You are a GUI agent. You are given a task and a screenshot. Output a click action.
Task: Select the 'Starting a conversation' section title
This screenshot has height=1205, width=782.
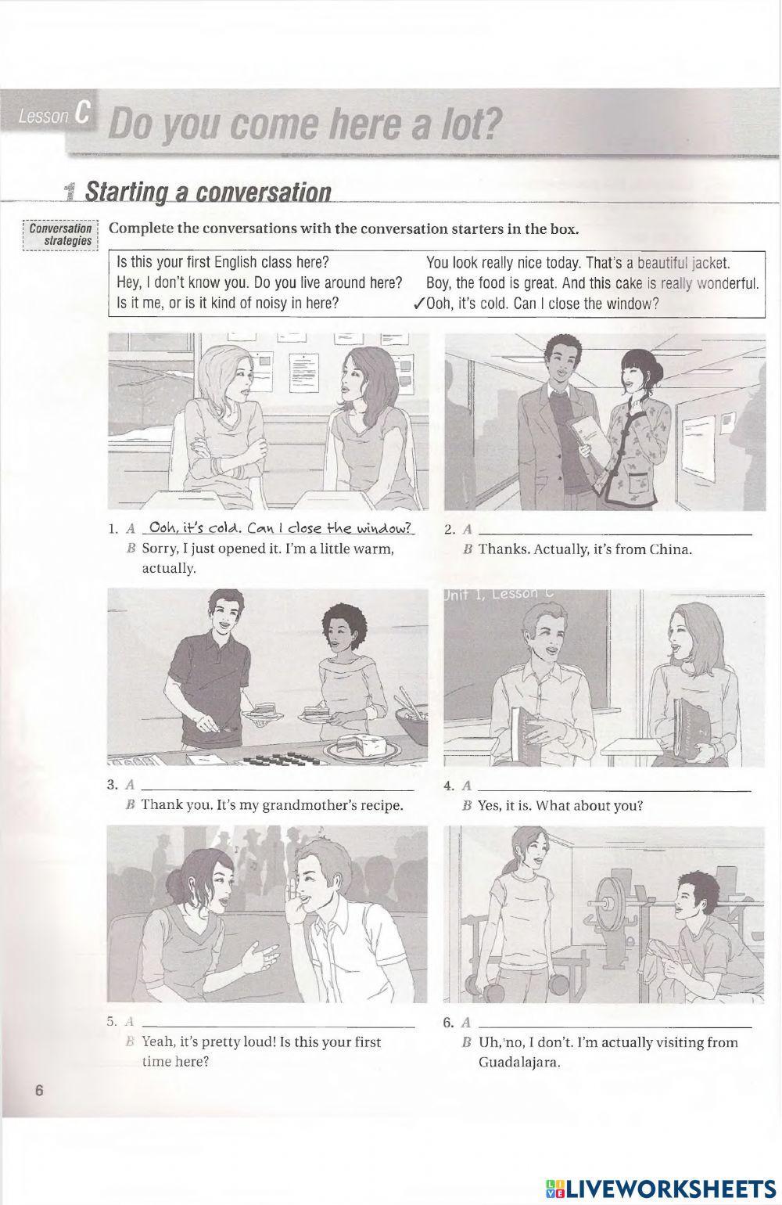(x=207, y=192)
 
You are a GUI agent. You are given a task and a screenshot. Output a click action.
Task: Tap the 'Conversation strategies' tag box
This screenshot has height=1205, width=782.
(x=60, y=235)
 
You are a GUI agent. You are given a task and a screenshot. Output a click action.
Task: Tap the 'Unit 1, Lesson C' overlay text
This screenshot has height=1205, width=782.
(x=499, y=594)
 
